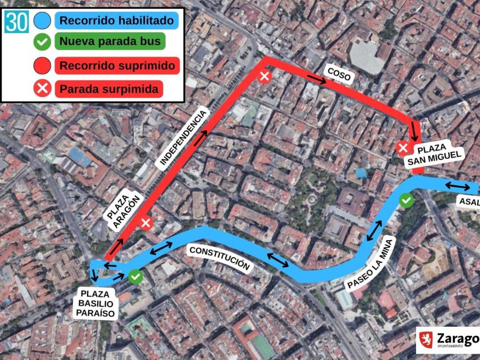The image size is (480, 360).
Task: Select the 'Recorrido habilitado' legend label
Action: pos(116,21)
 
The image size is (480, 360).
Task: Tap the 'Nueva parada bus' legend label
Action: pos(110,41)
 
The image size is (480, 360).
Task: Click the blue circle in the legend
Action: pos(42,21)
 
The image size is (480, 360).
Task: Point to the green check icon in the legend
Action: pos(42,42)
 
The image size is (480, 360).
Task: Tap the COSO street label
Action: pos(338,74)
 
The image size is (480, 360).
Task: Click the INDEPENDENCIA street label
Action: pos(183,137)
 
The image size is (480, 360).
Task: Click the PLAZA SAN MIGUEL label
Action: pos(440,155)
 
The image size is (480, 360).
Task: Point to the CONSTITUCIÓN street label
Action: pos(219,258)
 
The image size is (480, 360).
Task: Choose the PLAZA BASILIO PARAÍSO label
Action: pos(97,304)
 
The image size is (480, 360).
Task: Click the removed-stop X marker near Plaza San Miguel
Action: pos(402,148)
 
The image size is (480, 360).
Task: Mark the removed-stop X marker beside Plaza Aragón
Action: pos(146,223)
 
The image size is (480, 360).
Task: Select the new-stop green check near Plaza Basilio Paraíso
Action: pos(135,276)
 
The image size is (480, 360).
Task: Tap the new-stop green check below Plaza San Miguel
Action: pos(406,200)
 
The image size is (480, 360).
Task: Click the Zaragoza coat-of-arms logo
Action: pos(426,339)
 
